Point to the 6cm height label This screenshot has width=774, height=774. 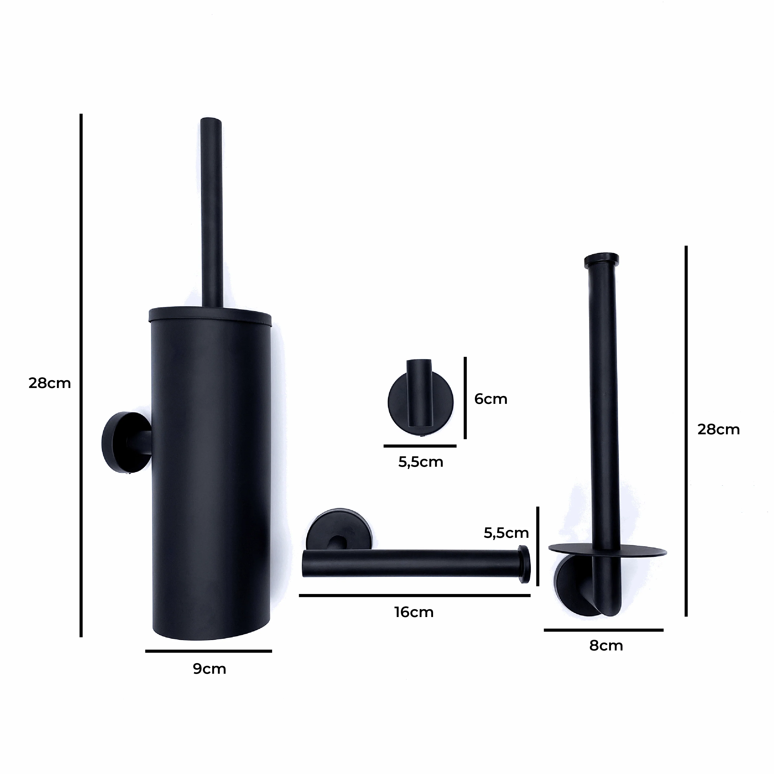click(x=491, y=399)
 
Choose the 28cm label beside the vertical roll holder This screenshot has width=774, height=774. click(x=718, y=430)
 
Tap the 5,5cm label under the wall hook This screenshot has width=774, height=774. click(x=421, y=462)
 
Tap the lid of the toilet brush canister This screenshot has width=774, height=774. click(x=210, y=314)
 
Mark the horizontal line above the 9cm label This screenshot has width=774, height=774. click(x=208, y=651)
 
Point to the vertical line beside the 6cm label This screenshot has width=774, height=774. click(x=465, y=398)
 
